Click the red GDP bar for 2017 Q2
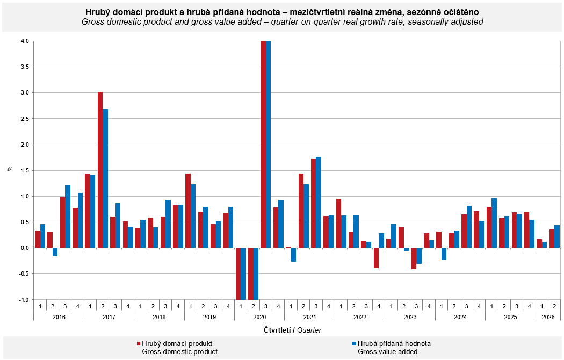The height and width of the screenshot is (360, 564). pyautogui.click(x=100, y=170)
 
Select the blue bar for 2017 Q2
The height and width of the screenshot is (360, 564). pyautogui.click(x=105, y=178)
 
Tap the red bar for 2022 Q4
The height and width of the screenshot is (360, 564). pyautogui.click(x=376, y=258)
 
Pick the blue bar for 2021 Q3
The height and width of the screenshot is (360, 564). pyautogui.click(x=319, y=203)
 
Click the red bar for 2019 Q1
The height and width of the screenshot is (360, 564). pyautogui.click(x=188, y=211)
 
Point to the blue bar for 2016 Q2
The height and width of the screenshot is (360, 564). pyautogui.click(x=55, y=252)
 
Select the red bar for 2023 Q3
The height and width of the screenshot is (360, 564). pyautogui.click(x=414, y=258)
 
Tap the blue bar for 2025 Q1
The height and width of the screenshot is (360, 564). pyautogui.click(x=494, y=223)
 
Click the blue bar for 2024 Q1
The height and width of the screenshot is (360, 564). pyautogui.click(x=444, y=254)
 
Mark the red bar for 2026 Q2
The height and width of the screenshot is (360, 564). pyautogui.click(x=552, y=239)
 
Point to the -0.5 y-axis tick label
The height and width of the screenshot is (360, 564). pyautogui.click(x=24, y=273)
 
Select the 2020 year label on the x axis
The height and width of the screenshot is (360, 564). pyautogui.click(x=259, y=317)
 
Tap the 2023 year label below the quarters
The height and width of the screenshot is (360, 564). pyautogui.click(x=410, y=317)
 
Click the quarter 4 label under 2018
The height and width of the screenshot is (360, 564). pyautogui.click(x=178, y=306)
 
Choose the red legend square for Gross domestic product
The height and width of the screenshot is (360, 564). pyautogui.click(x=139, y=344)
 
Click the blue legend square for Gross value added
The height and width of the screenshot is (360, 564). pyautogui.click(x=355, y=344)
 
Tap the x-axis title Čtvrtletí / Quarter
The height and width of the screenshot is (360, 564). pyautogui.click(x=292, y=330)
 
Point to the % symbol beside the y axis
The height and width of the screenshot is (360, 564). pyautogui.click(x=10, y=169)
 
